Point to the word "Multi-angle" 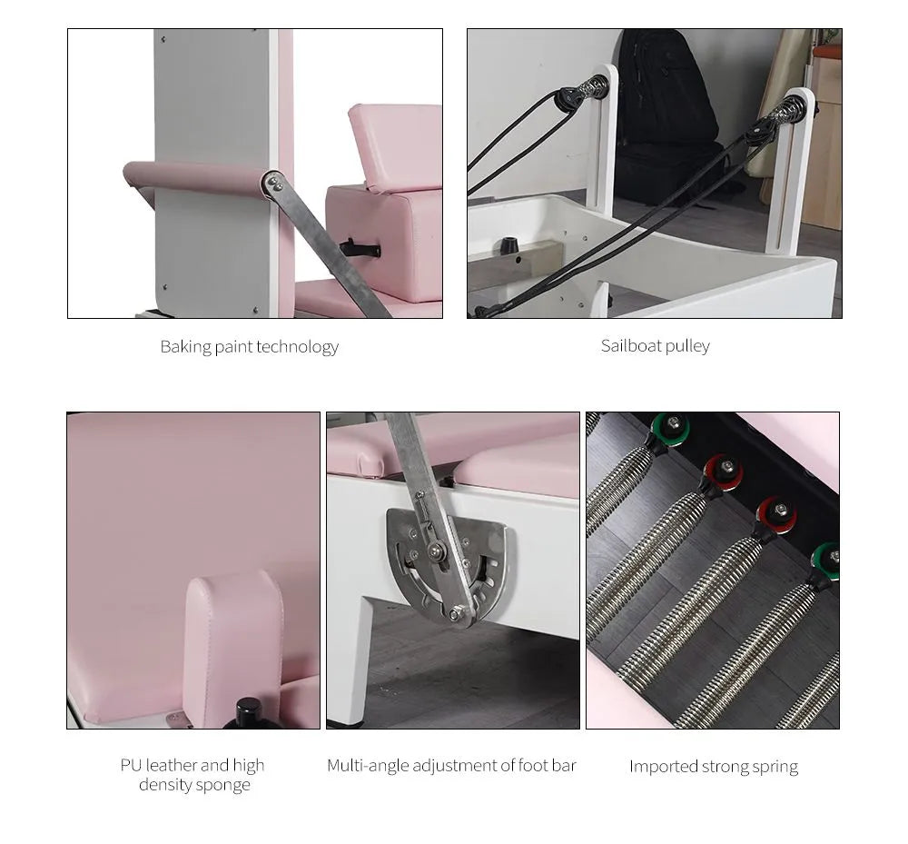point(368,766)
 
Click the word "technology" point(297,347)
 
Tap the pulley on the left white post point(570,95)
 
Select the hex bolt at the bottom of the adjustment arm point(453,615)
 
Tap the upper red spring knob point(723,471)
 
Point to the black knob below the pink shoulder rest point(248,713)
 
